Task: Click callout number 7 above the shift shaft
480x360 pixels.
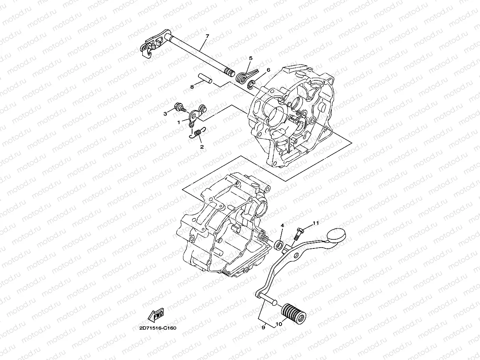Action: (207, 37)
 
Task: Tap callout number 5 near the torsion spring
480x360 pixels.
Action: (250, 58)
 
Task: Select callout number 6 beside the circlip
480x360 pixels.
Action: (268, 70)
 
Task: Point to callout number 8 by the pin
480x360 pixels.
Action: (192, 86)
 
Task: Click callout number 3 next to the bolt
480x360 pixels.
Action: (166, 114)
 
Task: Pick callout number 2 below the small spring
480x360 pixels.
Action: (202, 147)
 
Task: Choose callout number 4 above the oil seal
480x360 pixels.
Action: (282, 226)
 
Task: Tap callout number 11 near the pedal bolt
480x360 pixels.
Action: (316, 223)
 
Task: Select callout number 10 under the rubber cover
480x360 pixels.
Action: (278, 324)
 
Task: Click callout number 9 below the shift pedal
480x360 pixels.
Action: (263, 326)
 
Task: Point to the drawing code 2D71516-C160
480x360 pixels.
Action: (158, 328)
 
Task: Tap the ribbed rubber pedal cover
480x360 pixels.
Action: (293, 311)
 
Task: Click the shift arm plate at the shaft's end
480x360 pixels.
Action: (151, 46)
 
